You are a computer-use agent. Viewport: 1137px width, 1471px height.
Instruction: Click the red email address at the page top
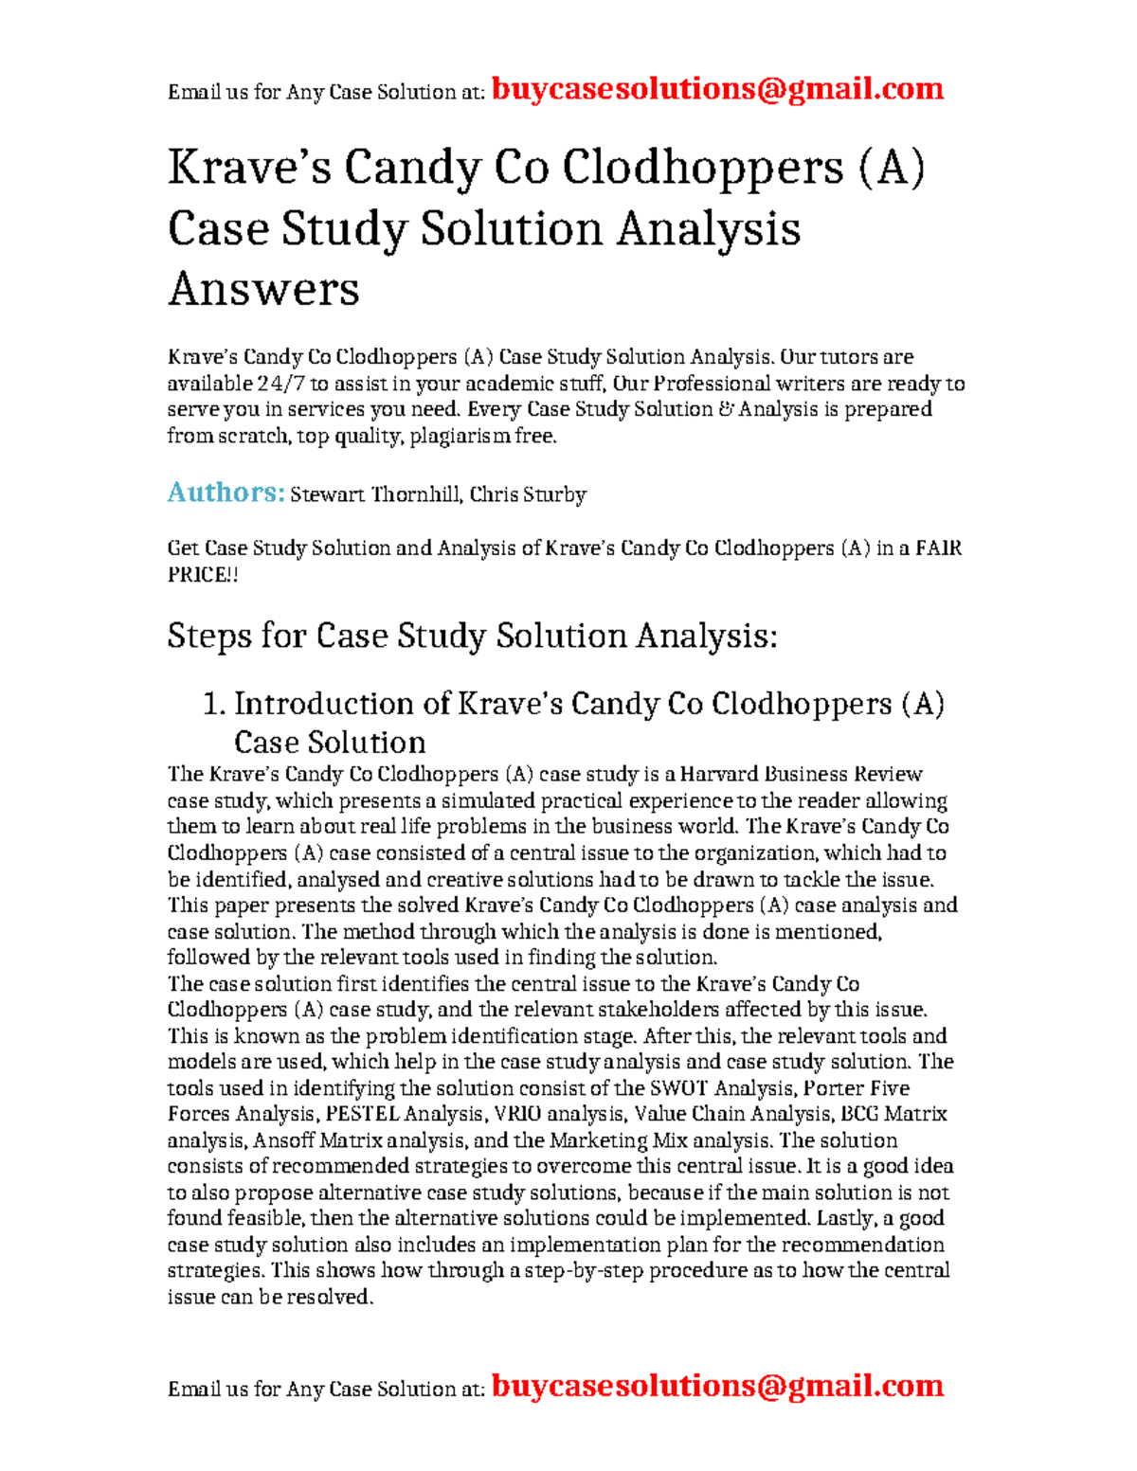[717, 89]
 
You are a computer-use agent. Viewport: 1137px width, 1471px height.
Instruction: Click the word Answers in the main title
[263, 289]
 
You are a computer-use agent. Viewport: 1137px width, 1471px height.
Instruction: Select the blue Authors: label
[226, 493]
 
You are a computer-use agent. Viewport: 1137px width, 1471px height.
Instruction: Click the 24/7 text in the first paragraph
[280, 384]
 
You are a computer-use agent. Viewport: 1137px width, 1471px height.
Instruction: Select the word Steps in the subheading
[209, 636]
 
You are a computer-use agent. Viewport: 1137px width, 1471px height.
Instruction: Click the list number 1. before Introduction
[215, 704]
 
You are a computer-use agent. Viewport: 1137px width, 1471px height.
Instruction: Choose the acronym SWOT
[678, 1088]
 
